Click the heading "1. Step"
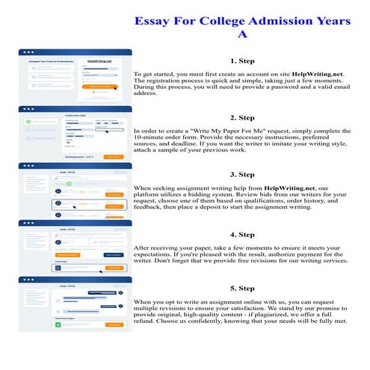(x=242, y=61)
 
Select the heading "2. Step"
(x=242, y=117)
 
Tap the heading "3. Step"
(x=242, y=174)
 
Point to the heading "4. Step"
(x=242, y=231)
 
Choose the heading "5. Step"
(x=242, y=288)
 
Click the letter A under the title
(x=241, y=34)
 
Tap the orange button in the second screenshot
(x=112, y=157)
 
